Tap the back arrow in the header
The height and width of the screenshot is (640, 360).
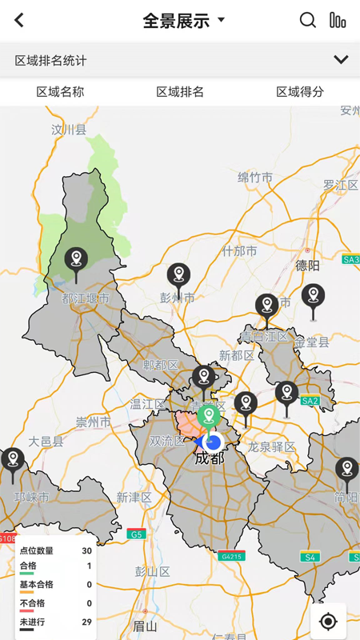19,21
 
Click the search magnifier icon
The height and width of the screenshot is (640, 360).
308,21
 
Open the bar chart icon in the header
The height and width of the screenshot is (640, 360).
338,21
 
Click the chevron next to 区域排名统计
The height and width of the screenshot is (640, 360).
341,60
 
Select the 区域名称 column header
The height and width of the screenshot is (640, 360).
60,92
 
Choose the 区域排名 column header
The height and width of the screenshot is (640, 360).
180,92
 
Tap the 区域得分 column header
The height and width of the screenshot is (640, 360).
300,92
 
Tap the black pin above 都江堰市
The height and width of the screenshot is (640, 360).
76,261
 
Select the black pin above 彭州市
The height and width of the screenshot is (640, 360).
178,277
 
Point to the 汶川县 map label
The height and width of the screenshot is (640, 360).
69,129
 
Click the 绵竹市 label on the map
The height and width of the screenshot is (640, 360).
255,178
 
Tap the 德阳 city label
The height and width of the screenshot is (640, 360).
307,265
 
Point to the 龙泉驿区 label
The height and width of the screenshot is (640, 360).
271,446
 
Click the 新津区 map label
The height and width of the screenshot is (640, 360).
134,498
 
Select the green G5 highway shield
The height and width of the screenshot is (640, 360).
136,534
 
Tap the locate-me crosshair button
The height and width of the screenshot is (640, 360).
328,621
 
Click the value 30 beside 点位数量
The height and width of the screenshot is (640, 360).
86,550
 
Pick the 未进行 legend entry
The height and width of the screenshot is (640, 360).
33,622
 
